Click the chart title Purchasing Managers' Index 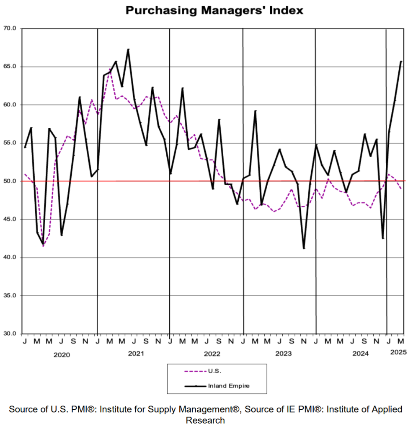[x=214, y=10]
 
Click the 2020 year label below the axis [x=62, y=355]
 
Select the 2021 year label [x=136, y=354]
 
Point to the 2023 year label [x=284, y=354]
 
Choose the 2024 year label [x=360, y=354]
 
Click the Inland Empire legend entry [x=229, y=386]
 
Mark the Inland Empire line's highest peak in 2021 [x=128, y=49]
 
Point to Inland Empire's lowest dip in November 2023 [x=304, y=248]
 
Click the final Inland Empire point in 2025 [x=401, y=61]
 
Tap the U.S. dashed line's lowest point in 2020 [x=43, y=246]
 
